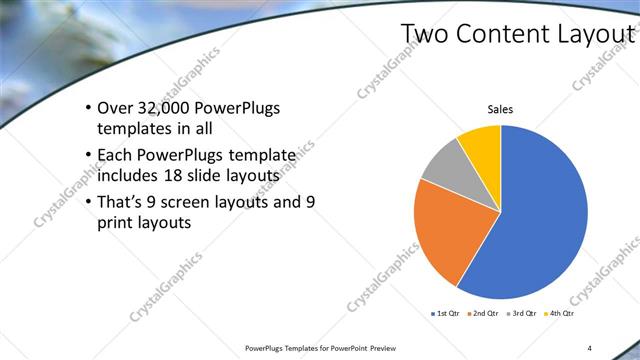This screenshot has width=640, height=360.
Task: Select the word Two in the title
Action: [x=424, y=34]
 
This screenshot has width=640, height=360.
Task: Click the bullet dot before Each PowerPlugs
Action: [x=88, y=156]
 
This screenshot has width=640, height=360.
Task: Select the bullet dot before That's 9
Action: [x=88, y=201]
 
